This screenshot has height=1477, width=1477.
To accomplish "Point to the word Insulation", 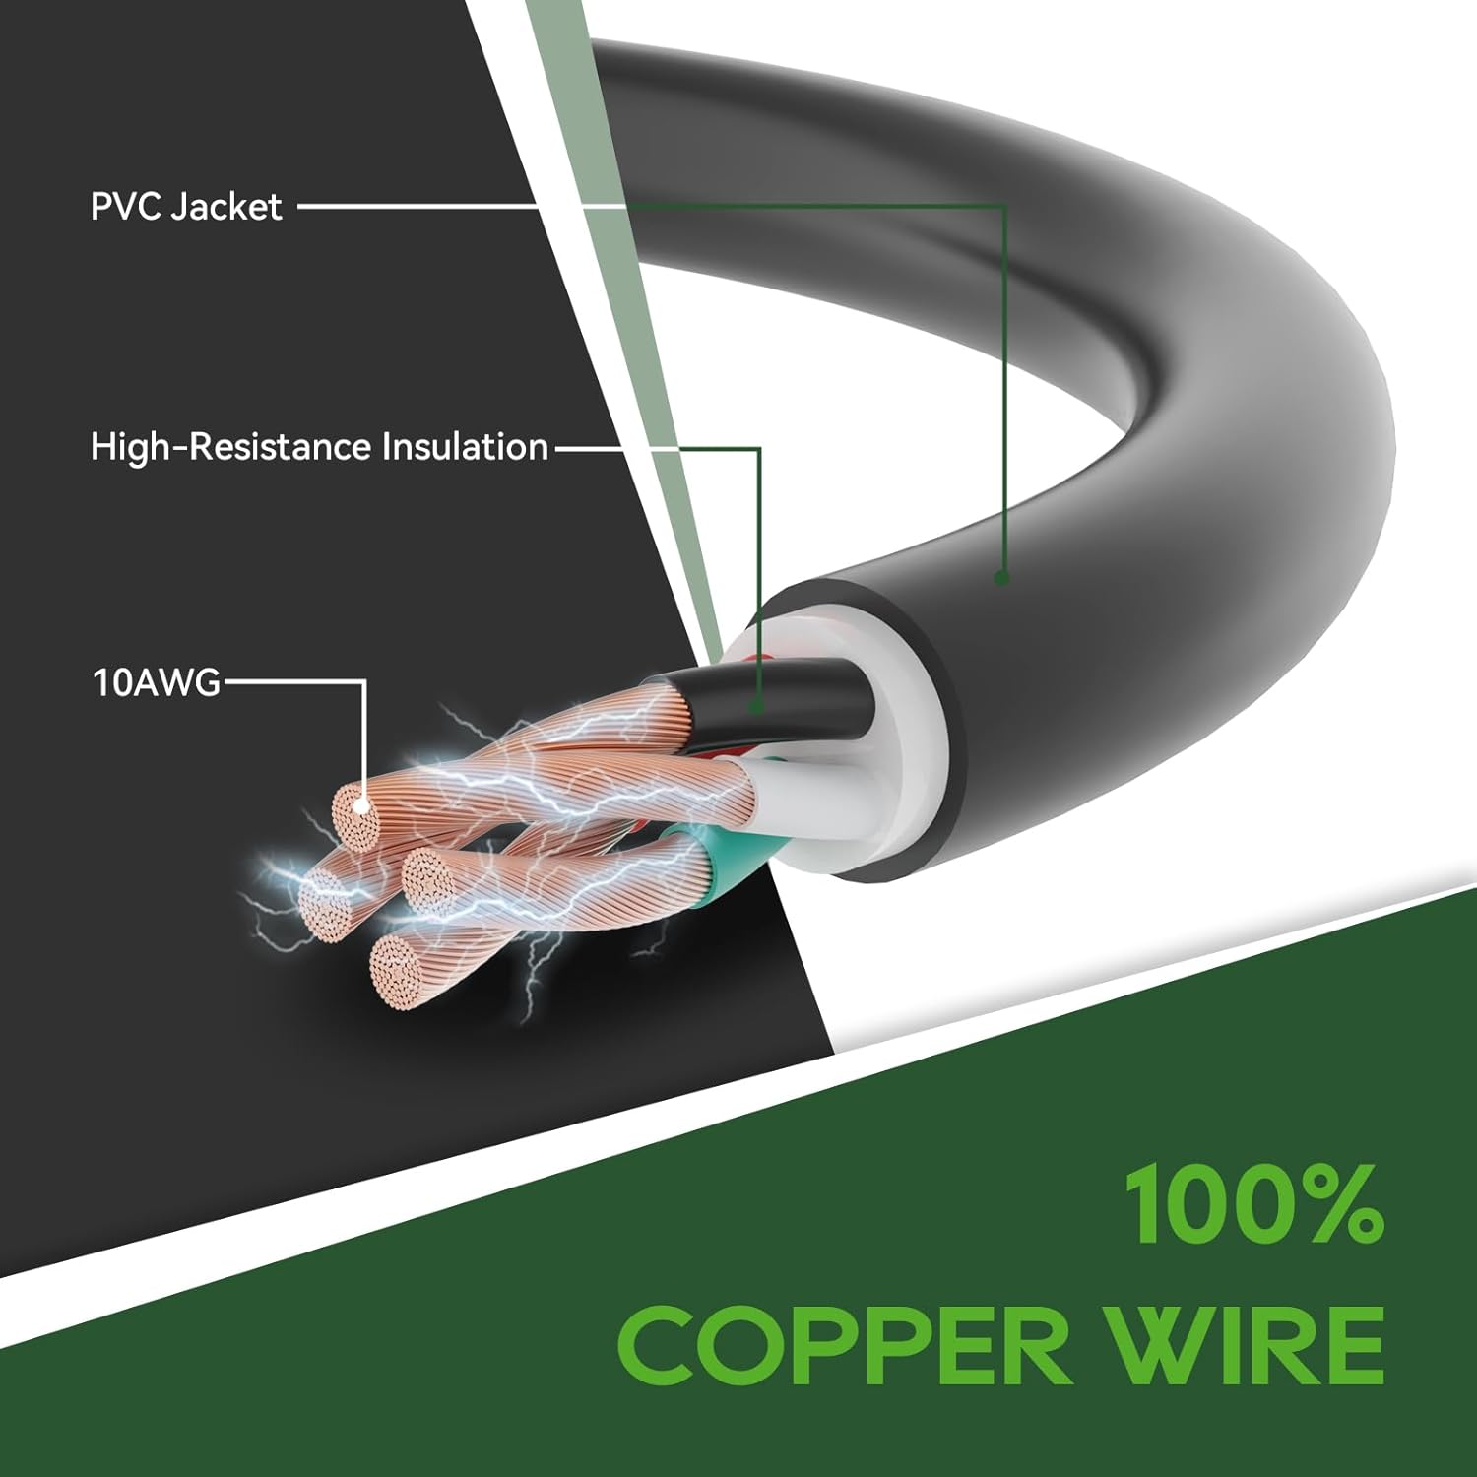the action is tap(465, 447).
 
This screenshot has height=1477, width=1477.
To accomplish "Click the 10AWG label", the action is tap(157, 682).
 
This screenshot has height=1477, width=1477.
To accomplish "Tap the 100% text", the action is tap(1254, 1203).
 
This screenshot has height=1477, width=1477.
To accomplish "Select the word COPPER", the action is tap(845, 1344).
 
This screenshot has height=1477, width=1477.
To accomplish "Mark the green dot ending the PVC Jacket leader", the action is tap(1001, 578).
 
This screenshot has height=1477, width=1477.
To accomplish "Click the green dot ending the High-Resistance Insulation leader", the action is tap(756, 705).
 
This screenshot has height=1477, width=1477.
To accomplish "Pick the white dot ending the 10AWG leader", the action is tap(361, 805).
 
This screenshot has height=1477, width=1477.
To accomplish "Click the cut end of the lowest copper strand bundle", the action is tap(398, 966).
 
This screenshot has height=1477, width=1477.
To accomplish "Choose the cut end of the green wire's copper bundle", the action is tap(430, 877).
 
